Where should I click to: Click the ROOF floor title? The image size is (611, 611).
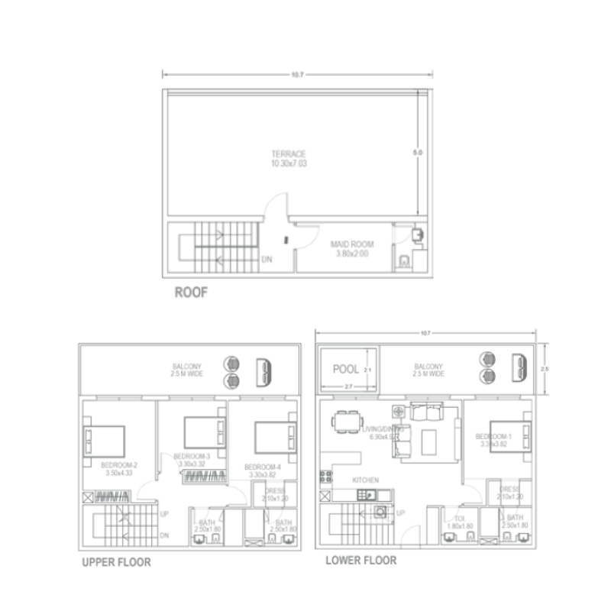pos(192,291)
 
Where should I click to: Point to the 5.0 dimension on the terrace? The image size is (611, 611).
pos(417,154)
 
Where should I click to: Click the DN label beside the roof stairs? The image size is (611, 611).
pos(267,260)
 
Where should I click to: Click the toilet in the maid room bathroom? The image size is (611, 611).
pos(402,262)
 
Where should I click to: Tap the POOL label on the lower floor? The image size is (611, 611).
pos(345,369)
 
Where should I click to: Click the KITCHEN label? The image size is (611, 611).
pos(365,480)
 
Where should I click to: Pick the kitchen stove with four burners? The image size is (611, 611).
pos(325,477)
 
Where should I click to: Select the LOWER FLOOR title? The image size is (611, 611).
pos(360,561)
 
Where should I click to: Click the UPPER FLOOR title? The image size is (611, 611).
pos(115,563)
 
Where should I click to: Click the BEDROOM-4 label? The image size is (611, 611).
pos(263,467)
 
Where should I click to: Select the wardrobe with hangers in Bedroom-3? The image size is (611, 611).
pos(204,478)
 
